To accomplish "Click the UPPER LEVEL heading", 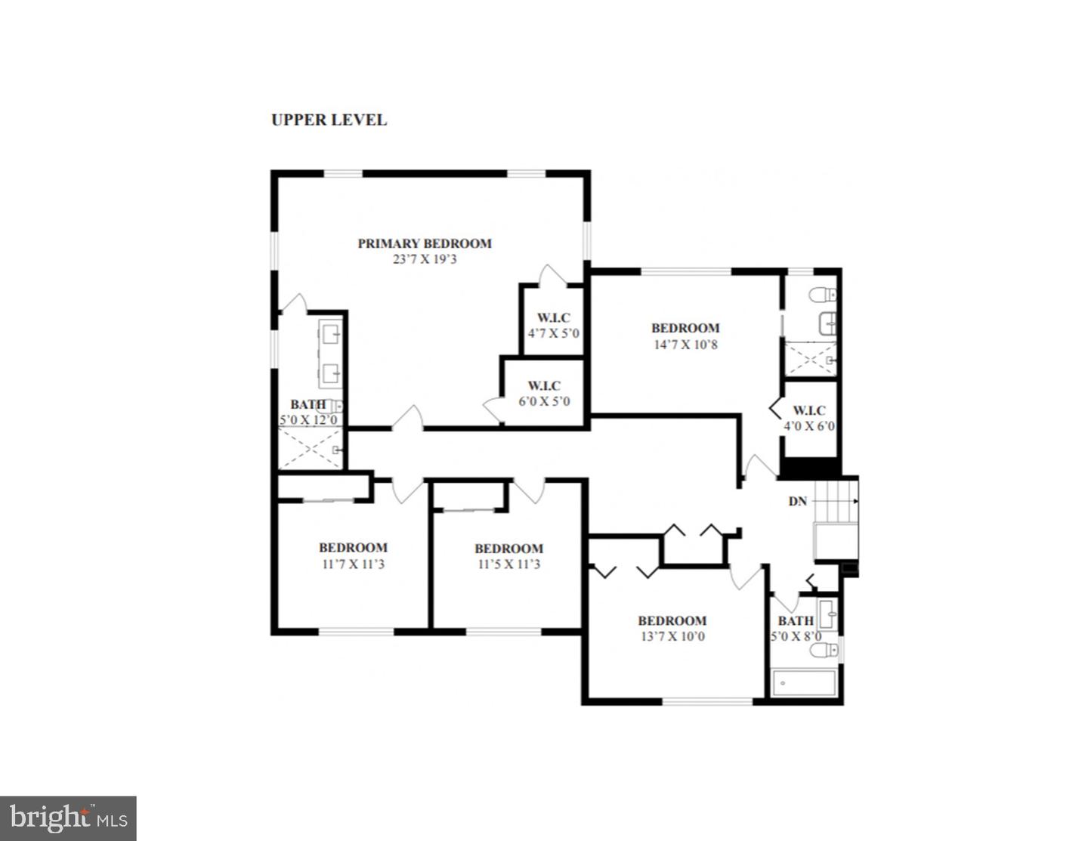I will click(329, 119).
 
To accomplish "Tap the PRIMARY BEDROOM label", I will click(425, 243).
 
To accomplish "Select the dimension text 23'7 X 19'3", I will click(425, 259).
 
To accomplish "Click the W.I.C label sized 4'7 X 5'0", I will click(554, 317).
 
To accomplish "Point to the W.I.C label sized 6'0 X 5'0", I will click(544, 385).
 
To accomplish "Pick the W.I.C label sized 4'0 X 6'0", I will click(808, 410).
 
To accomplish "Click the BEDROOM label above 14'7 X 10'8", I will click(685, 328).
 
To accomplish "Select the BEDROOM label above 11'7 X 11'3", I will click(353, 548).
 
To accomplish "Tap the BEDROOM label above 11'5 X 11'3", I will click(508, 549).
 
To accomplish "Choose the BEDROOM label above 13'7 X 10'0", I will click(672, 620).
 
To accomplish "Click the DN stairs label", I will click(798, 501).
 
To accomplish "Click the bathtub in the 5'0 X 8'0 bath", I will click(804, 682).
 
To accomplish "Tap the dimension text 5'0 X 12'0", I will click(308, 420).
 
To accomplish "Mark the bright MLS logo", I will click(68, 818).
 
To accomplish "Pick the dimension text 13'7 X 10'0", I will click(672, 636).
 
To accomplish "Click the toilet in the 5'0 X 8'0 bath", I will click(827, 649).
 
